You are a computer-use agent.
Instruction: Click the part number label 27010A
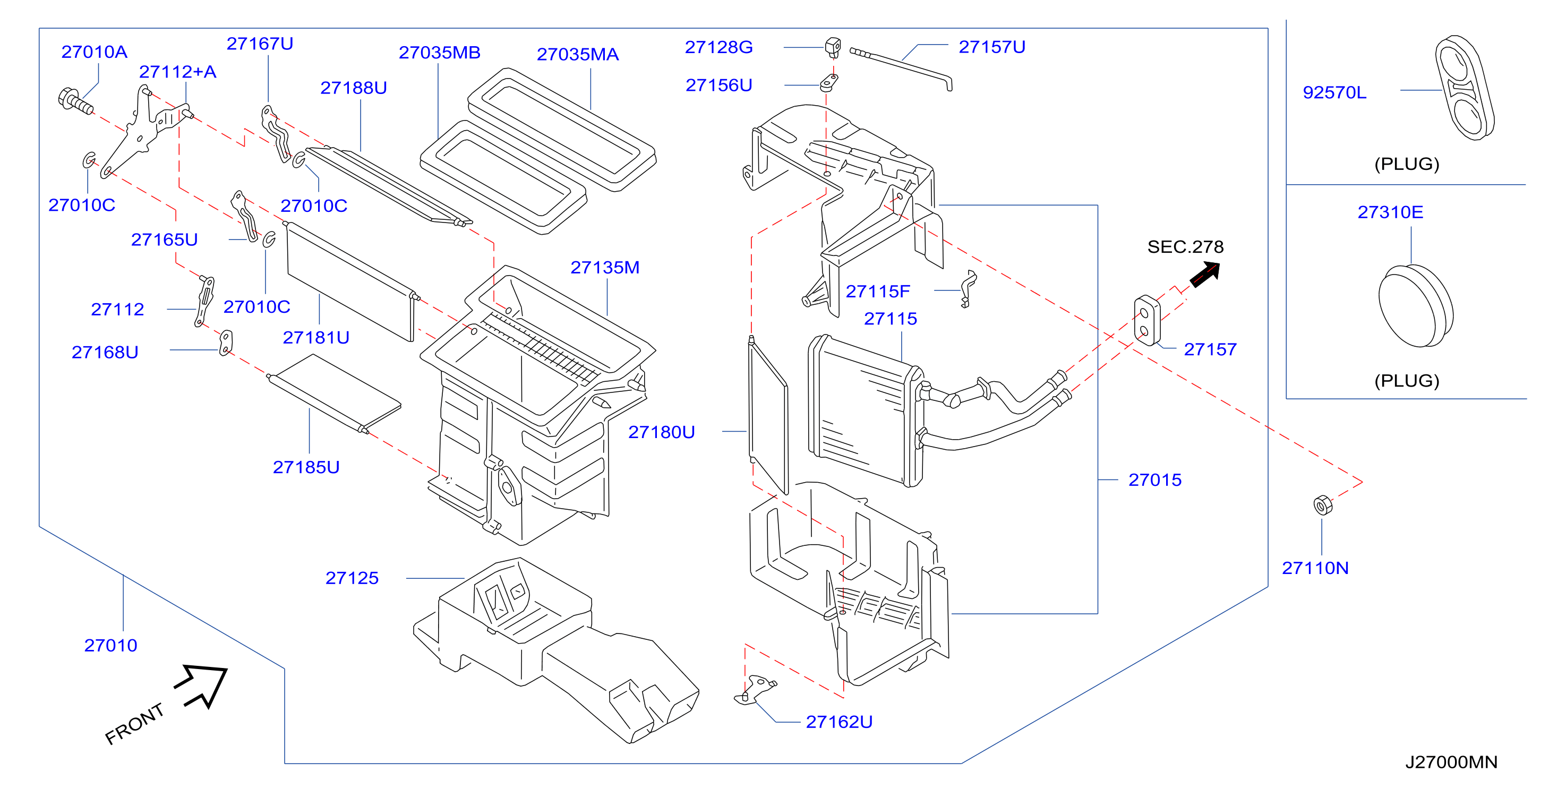94,52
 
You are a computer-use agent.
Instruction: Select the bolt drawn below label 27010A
75,101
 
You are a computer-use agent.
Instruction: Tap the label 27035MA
578,54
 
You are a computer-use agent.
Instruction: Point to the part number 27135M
605,268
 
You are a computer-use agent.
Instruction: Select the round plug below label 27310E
1416,306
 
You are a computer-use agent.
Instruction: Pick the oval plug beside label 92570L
1465,88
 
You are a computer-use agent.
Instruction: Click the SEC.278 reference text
1185,247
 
